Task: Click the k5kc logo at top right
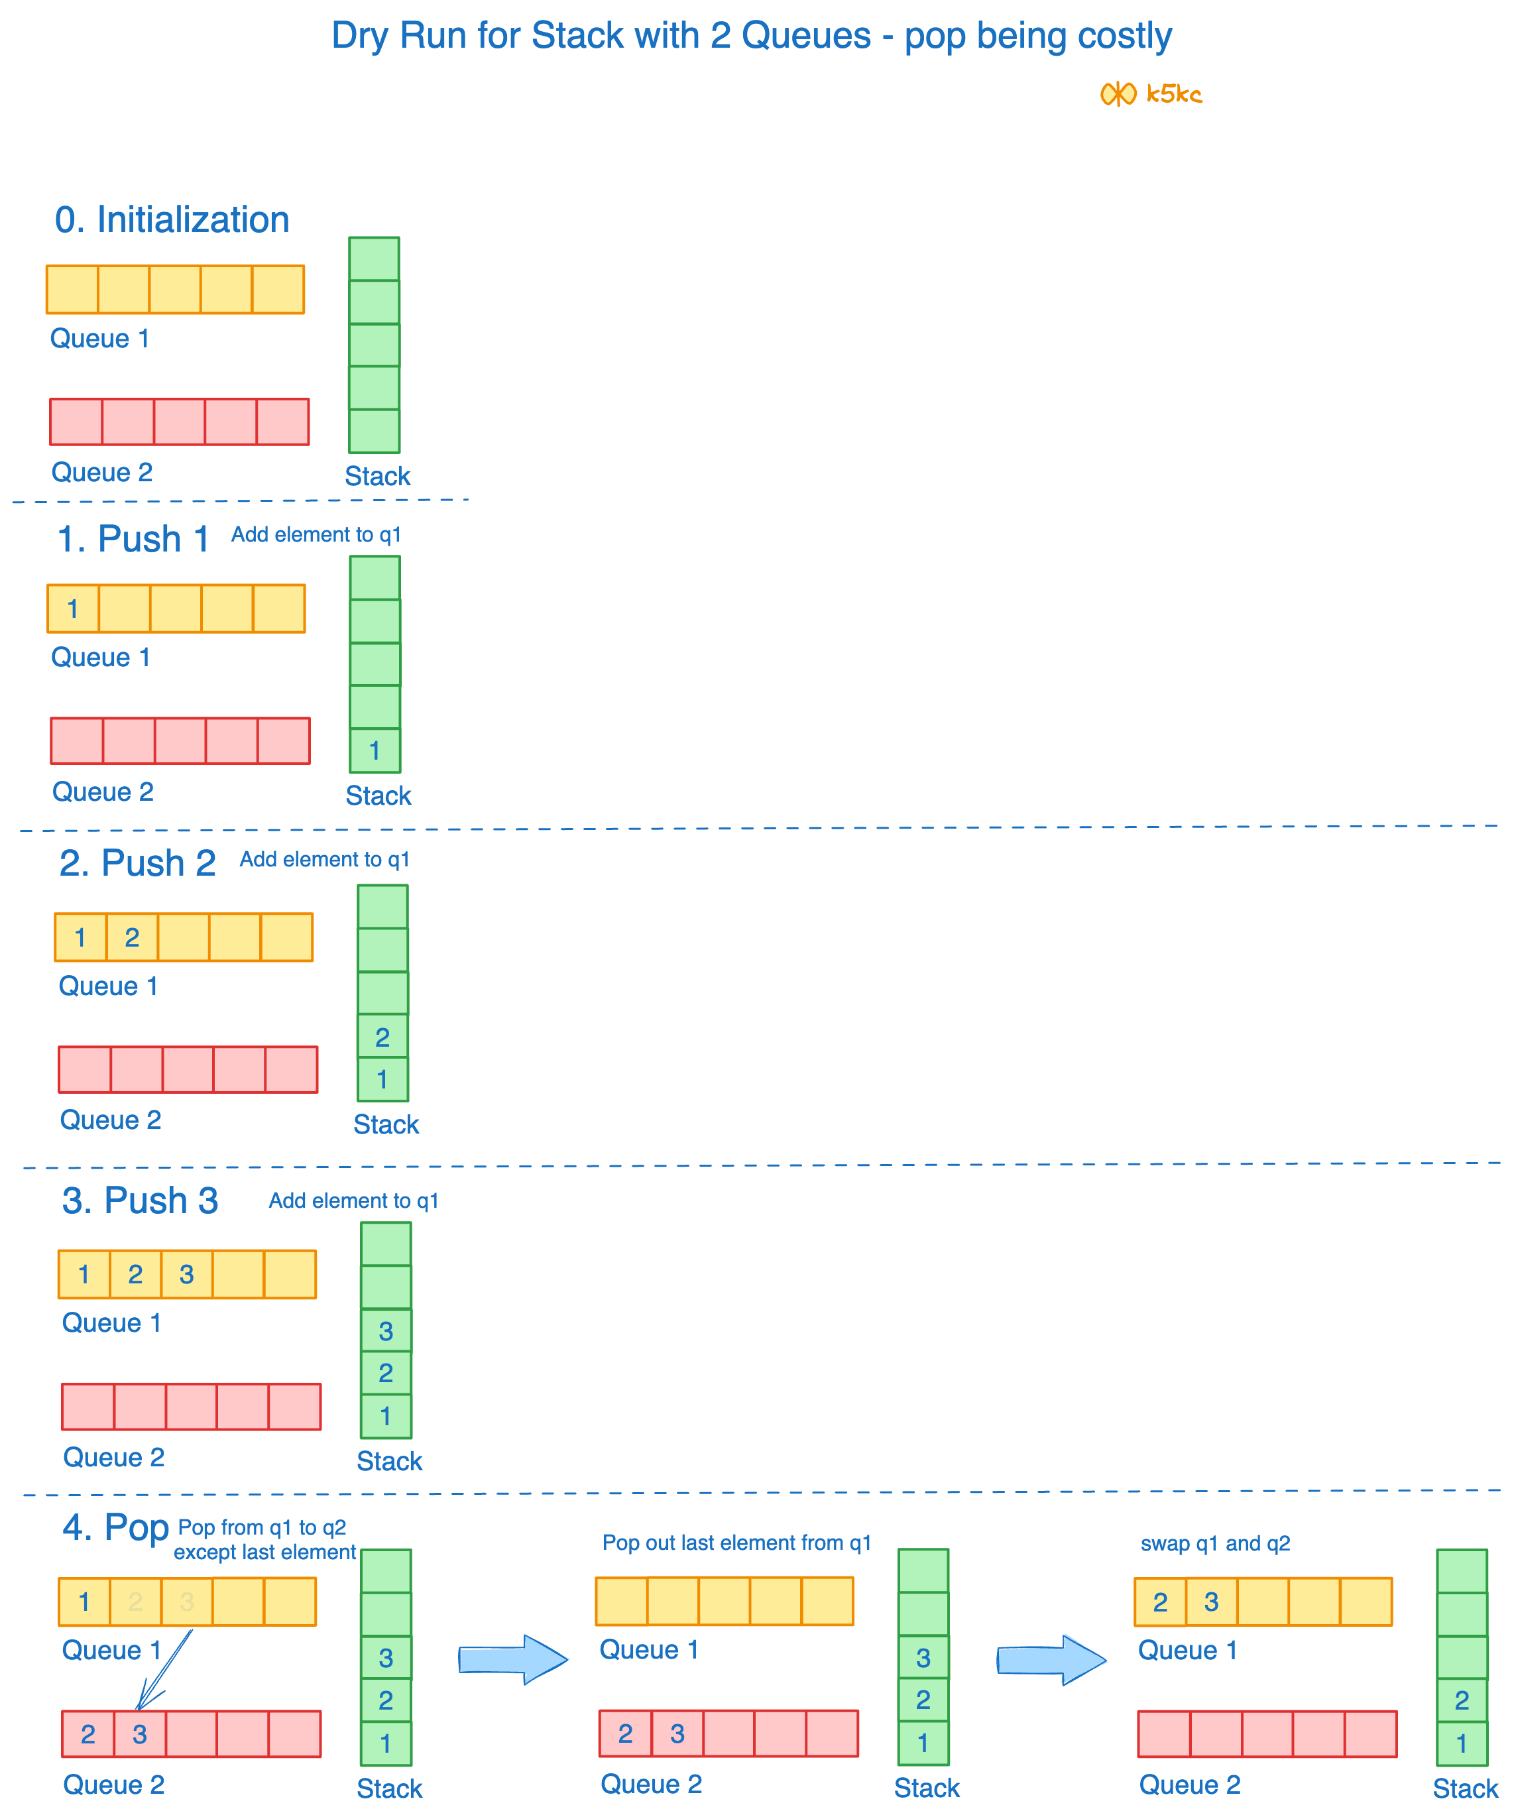(x=1151, y=93)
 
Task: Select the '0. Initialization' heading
(x=171, y=220)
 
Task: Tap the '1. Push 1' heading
(x=133, y=539)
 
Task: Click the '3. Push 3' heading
(x=140, y=1201)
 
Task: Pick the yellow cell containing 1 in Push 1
(x=73, y=609)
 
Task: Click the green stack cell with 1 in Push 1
(x=375, y=750)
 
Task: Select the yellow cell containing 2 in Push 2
(x=131, y=937)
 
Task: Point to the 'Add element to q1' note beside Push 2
(x=324, y=859)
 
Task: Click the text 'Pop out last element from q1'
(x=736, y=1543)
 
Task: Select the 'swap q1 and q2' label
(x=1214, y=1544)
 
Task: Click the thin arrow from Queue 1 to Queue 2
(x=164, y=1670)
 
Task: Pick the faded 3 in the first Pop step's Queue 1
(x=186, y=1602)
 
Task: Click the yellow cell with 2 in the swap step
(x=1159, y=1602)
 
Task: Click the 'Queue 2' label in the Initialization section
(x=102, y=473)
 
